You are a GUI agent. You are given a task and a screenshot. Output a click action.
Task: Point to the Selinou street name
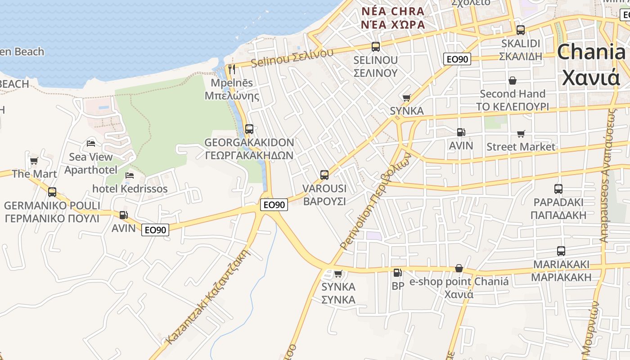[x=292, y=57]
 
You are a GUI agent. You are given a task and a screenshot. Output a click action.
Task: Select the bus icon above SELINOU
[x=376, y=46]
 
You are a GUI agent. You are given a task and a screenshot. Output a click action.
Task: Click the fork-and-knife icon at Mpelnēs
[x=232, y=69]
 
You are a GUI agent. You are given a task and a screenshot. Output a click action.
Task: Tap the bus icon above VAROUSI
[x=324, y=175]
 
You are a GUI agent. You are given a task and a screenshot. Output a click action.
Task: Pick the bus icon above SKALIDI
[x=521, y=30]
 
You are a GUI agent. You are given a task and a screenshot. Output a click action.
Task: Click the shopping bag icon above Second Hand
[x=512, y=81]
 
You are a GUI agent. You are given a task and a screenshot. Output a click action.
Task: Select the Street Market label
[x=521, y=147]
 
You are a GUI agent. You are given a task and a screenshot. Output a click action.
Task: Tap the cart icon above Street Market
[x=521, y=134]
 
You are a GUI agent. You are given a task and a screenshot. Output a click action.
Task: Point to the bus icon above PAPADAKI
[x=558, y=189]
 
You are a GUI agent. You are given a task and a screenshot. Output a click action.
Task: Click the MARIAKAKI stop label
[x=561, y=270]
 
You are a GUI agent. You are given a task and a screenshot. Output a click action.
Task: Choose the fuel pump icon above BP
[x=397, y=272]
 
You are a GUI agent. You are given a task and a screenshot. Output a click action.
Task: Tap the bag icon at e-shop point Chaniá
[x=459, y=268]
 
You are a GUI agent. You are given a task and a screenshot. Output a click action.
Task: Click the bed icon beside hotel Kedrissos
[x=130, y=175]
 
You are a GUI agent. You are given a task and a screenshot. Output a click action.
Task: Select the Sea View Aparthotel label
[x=91, y=163]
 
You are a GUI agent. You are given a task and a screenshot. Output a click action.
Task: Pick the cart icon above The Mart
[x=34, y=161]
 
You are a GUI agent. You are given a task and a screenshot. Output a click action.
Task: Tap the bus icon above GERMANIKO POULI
[x=52, y=192]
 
